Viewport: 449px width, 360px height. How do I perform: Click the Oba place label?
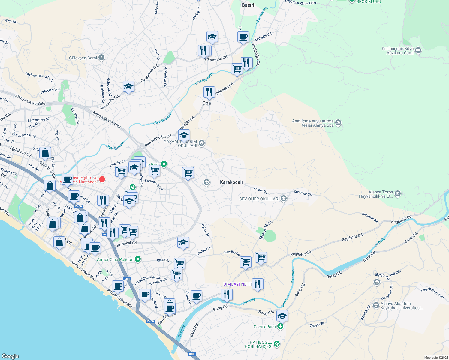[206, 103]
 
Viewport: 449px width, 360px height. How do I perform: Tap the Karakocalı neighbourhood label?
[231, 182]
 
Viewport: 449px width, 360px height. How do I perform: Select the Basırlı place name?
[249, 5]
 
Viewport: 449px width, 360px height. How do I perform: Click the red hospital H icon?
[102, 179]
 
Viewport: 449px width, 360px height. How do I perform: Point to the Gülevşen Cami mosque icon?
[101, 58]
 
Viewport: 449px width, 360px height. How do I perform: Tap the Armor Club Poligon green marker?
[138, 259]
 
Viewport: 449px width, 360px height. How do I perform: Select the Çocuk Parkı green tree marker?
[280, 326]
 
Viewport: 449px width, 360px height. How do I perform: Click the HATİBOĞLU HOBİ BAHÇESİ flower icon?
[277, 344]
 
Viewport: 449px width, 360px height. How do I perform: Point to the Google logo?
[10, 356]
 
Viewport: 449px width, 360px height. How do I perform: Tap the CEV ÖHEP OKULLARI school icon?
[284, 199]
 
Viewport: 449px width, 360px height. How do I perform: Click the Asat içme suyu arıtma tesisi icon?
[338, 123]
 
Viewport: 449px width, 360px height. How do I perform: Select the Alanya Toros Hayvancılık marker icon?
[398, 194]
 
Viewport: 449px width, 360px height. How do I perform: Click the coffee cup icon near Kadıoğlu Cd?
[243, 37]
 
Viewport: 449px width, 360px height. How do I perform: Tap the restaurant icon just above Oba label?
[209, 92]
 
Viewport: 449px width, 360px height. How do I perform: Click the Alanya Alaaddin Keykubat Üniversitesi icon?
[376, 305]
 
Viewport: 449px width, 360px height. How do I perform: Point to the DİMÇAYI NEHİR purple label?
[238, 284]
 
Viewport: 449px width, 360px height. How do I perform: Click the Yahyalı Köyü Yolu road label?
[432, 293]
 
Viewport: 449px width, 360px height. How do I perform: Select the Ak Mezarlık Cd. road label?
[266, 230]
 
